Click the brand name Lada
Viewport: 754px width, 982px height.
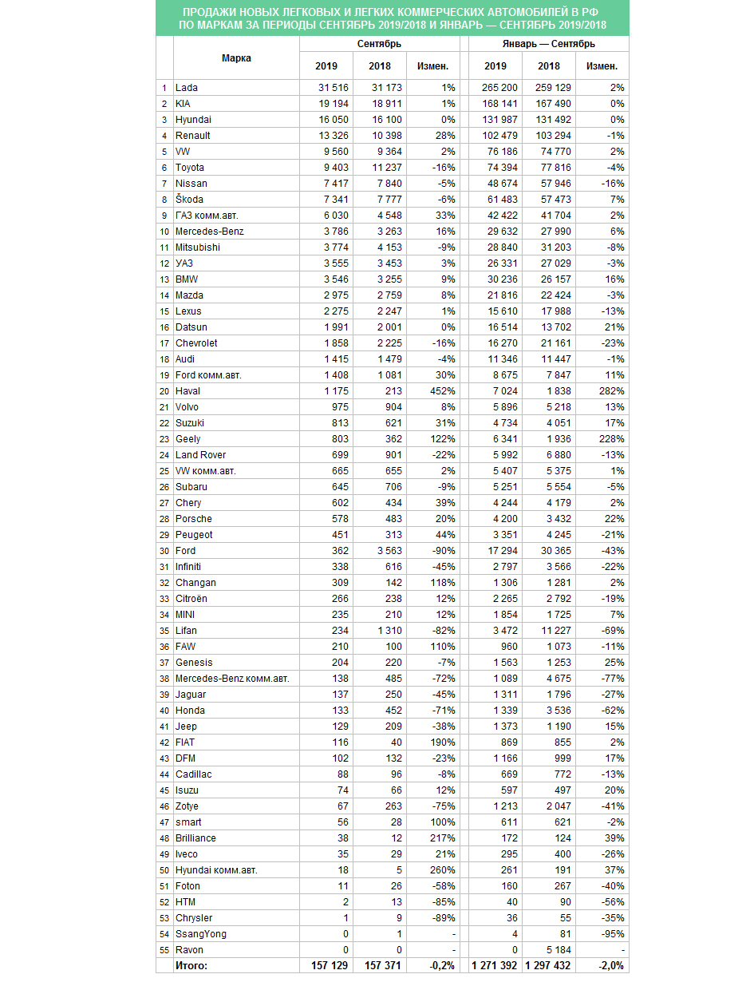(x=187, y=88)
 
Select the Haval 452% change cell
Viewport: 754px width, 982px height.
(x=441, y=391)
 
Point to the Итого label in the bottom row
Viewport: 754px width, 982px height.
(x=191, y=966)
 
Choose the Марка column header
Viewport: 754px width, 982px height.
(x=236, y=58)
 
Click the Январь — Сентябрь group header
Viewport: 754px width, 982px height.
(x=548, y=44)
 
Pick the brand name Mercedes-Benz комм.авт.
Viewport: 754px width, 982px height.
(x=232, y=679)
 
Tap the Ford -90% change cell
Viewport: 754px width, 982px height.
(x=443, y=551)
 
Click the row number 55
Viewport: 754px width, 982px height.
(x=164, y=950)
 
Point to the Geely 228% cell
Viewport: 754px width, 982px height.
(x=611, y=439)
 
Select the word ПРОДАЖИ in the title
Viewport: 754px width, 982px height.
(x=212, y=13)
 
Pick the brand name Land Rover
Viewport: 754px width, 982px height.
(x=199, y=455)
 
